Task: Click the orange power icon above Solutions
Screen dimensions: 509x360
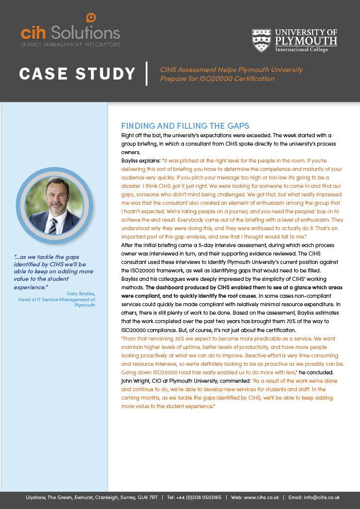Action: (x=91, y=18)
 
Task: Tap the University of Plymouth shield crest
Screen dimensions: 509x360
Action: (x=261, y=40)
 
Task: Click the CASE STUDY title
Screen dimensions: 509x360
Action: (x=77, y=74)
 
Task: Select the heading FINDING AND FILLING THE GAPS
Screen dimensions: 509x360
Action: (x=185, y=126)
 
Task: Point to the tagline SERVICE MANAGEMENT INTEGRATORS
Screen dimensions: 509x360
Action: (x=70, y=45)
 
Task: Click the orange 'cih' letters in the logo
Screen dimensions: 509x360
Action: (x=33, y=33)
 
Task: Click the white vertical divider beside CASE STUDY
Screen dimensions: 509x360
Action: (x=147, y=74)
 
